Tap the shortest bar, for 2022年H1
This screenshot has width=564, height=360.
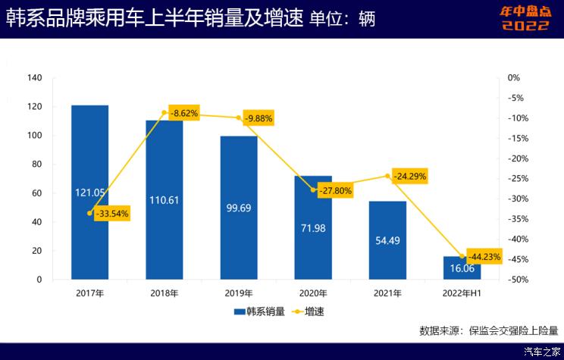[x=462, y=268]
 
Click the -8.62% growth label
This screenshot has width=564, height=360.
[x=184, y=113]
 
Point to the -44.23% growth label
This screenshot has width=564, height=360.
[x=484, y=257]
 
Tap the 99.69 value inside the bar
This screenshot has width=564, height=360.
[x=239, y=207]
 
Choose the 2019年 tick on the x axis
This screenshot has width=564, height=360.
[x=239, y=293]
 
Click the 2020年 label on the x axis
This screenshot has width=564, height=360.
[x=313, y=293]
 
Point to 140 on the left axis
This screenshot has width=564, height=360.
[x=34, y=78]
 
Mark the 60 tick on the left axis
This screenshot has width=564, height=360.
[x=36, y=193]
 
